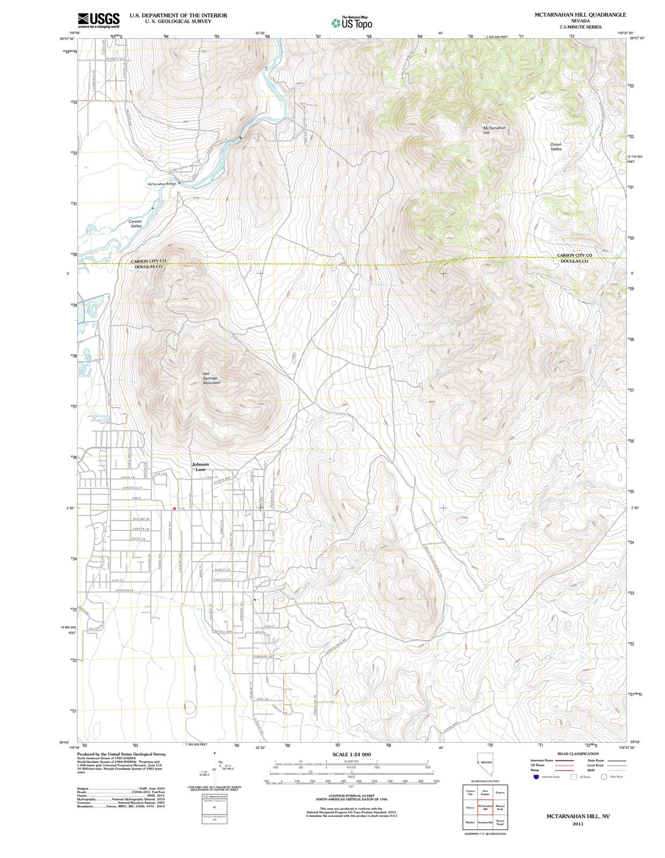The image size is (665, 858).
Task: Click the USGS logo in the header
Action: pos(98,20)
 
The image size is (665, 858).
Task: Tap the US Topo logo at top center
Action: pos(351,22)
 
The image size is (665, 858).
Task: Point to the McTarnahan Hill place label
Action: pos(494,130)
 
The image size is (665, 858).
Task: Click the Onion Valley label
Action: pos(556,147)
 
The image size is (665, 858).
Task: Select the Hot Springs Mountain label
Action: pos(211,378)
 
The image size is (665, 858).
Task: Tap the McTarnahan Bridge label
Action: pos(161,184)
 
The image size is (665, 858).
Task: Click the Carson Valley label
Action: pos(135,224)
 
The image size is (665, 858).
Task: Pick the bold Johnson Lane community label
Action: pos(200,467)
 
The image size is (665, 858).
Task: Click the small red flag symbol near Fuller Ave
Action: pos(174,508)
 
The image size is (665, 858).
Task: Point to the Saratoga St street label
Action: pos(131,488)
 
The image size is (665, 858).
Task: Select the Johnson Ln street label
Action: pos(124,590)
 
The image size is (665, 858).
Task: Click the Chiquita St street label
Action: pos(221,580)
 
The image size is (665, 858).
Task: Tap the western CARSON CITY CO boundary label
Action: pos(149,261)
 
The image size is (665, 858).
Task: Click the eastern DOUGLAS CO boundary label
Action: pos(574,261)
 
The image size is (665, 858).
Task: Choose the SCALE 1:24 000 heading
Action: pos(351,754)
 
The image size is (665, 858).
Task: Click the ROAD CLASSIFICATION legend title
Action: pos(578,753)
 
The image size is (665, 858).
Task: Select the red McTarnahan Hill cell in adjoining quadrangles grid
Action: pos(485,807)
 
